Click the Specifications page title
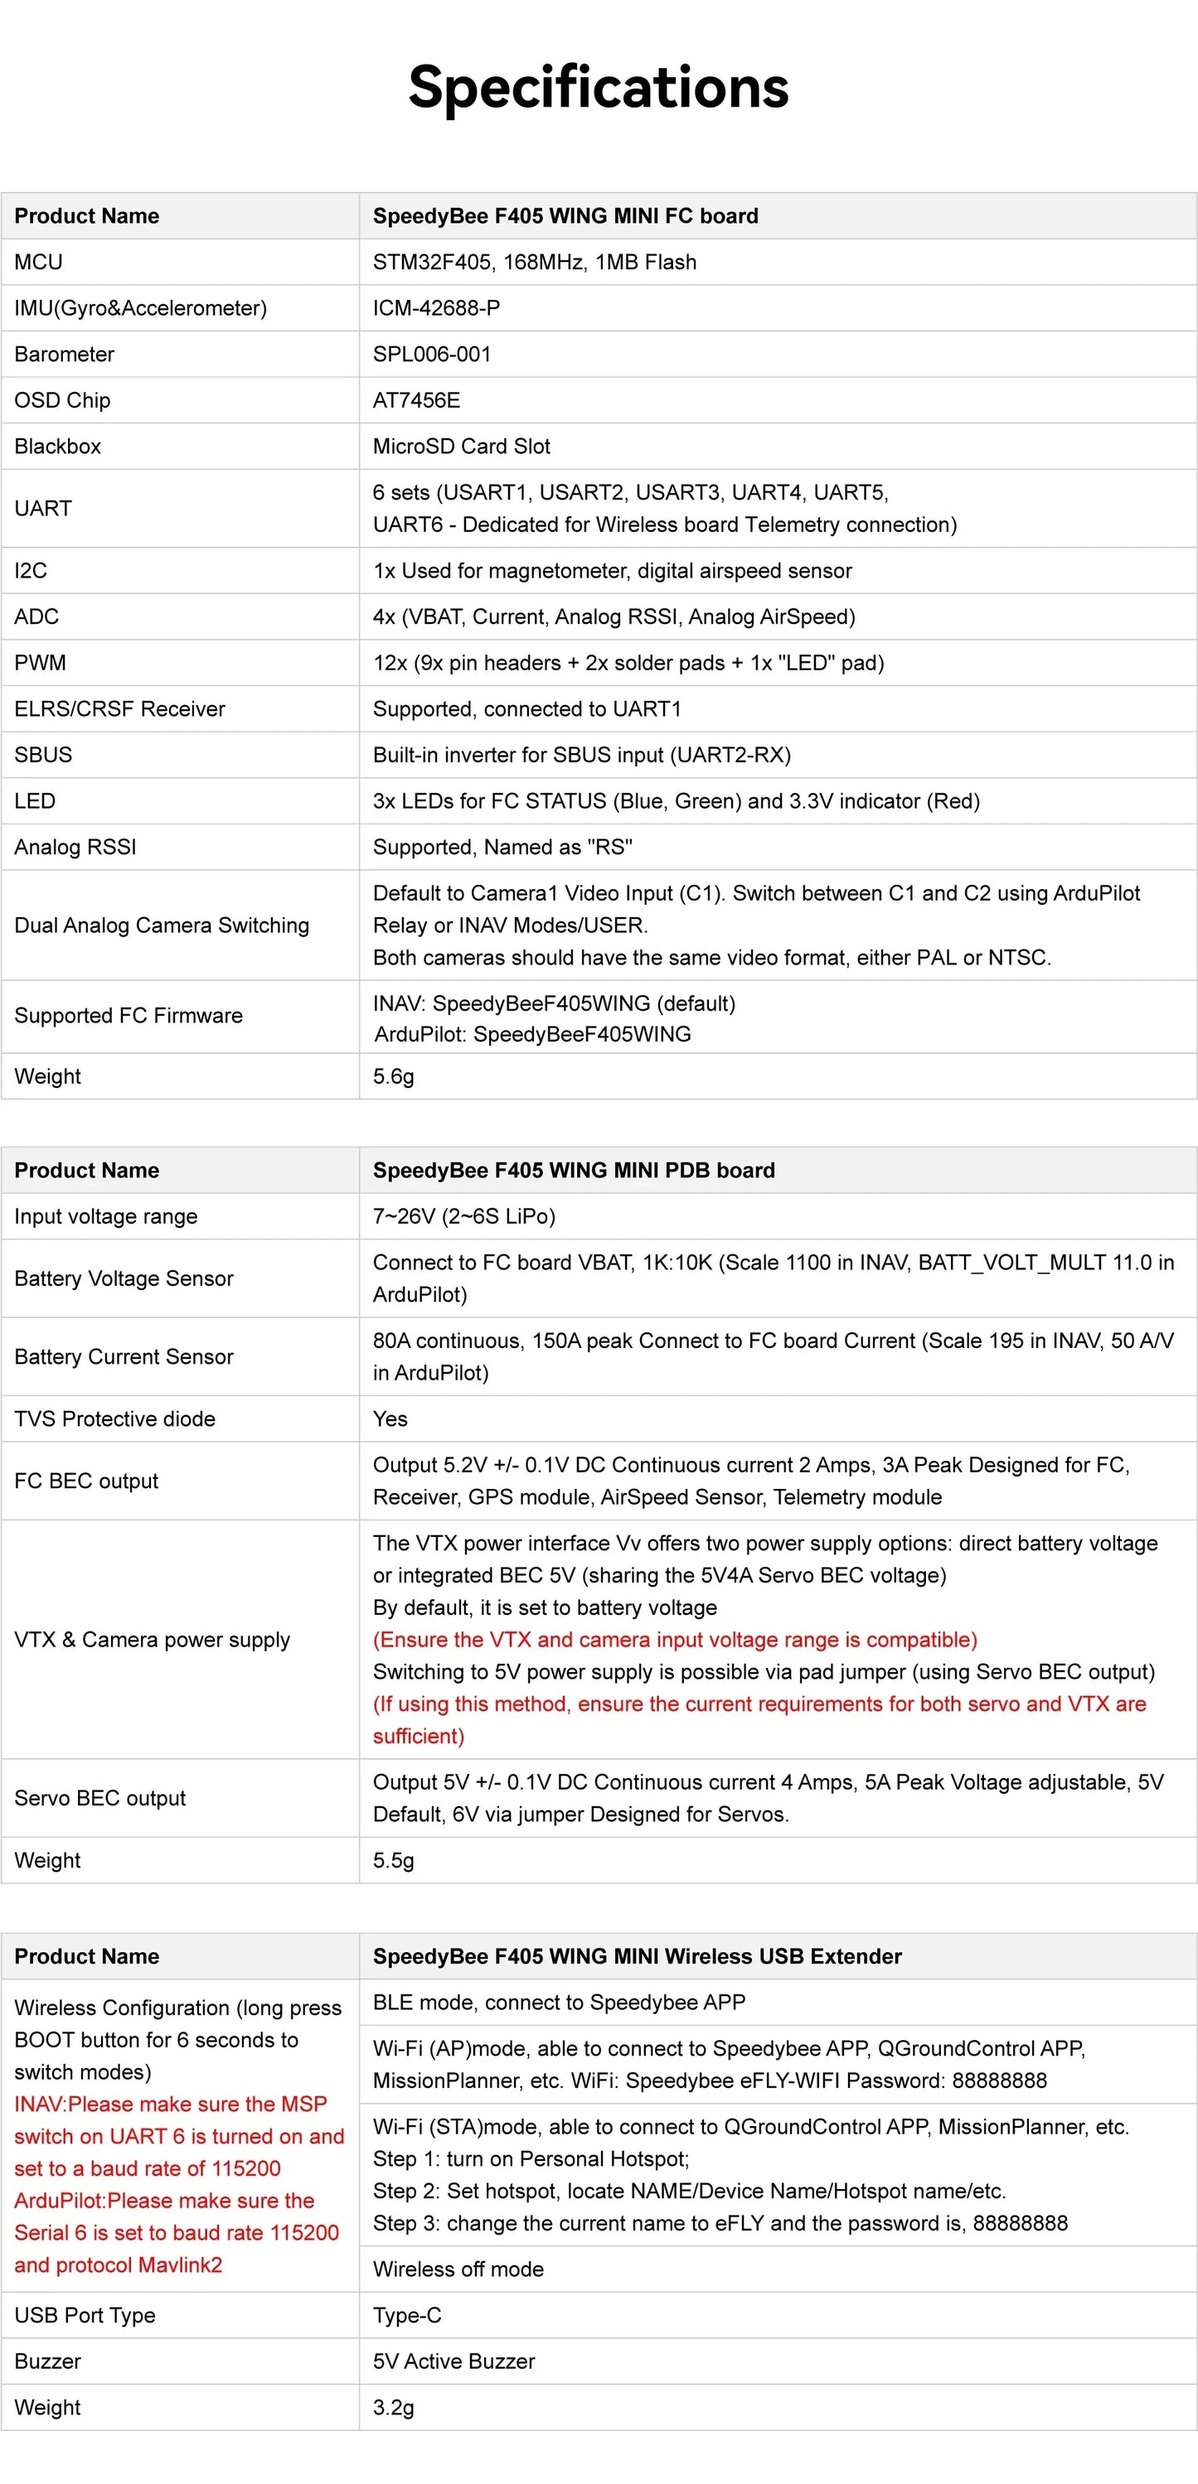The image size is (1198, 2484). tap(598, 87)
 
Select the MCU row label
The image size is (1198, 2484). tap(39, 263)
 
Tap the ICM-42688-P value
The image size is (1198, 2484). tap(436, 308)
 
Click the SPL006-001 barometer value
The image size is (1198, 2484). tap(431, 354)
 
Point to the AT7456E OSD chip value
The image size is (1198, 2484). tap(415, 400)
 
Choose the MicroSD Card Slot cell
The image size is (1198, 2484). tap(461, 447)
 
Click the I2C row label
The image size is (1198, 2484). tap(31, 571)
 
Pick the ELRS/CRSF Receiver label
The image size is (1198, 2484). tap(119, 708)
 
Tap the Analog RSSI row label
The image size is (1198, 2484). tap(75, 847)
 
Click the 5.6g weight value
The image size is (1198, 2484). tap(394, 1076)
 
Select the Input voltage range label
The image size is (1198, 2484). tap(106, 1217)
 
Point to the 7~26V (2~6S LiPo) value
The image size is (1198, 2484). tap(464, 1217)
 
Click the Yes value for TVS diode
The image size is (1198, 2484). tap(390, 1418)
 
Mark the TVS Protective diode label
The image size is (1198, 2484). tap(114, 1418)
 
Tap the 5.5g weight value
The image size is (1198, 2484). tap(394, 1860)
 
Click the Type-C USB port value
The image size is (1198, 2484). tap(407, 2315)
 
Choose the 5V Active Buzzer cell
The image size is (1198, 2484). tap(453, 2361)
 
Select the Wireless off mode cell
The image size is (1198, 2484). tap(458, 2269)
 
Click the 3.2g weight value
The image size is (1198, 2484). tap(394, 2407)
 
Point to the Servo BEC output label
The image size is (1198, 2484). tap(100, 1799)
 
